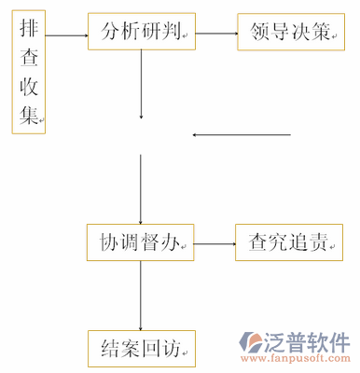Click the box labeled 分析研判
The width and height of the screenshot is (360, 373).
141,34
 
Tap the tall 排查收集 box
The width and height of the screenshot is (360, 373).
28,73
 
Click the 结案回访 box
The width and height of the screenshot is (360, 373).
140,349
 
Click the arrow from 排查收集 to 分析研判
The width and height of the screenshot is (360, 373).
66,35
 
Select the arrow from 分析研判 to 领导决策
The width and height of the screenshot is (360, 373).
215,34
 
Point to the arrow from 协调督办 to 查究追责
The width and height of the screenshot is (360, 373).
213,244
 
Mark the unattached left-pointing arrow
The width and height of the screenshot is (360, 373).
242,136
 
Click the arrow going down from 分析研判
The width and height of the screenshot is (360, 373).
141,85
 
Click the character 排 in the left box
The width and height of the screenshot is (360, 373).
28,30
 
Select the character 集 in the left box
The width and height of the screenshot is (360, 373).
28,117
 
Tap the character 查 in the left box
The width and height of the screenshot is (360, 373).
28,58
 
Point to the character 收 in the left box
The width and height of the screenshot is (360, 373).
28,88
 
